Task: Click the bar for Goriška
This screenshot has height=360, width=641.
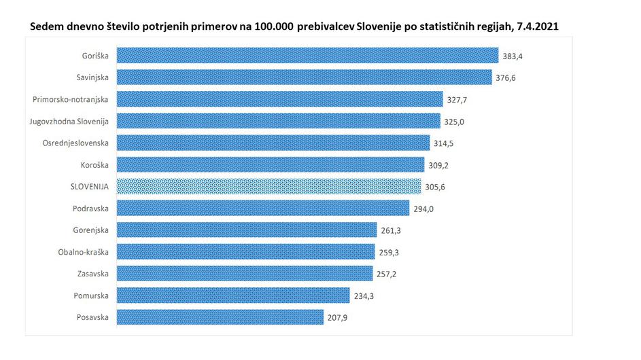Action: pyautogui.click(x=308, y=55)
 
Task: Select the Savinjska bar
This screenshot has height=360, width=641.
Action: pyautogui.click(x=304, y=77)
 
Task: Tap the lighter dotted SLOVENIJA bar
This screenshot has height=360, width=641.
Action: pyautogui.click(x=269, y=186)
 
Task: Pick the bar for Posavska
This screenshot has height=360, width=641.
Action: pyautogui.click(x=220, y=317)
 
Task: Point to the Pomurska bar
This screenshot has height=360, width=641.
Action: pyautogui.click(x=233, y=295)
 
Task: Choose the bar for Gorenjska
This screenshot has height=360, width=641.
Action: pyautogui.click(x=247, y=230)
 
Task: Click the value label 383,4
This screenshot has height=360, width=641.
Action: pyautogui.click(x=515, y=56)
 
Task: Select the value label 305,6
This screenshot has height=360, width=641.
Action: pyautogui.click(x=436, y=187)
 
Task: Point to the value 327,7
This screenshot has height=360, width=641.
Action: pyautogui.click(x=458, y=99)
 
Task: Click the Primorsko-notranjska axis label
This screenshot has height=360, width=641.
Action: pyautogui.click(x=71, y=99)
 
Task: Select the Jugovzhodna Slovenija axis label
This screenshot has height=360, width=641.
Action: pyautogui.click(x=69, y=121)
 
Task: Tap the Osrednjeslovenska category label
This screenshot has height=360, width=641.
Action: pyautogui.click(x=76, y=143)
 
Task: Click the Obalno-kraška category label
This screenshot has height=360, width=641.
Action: pyautogui.click(x=84, y=252)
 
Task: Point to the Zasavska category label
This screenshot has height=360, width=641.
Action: pyautogui.click(x=93, y=274)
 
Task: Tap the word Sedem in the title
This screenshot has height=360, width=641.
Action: pyautogui.click(x=47, y=26)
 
